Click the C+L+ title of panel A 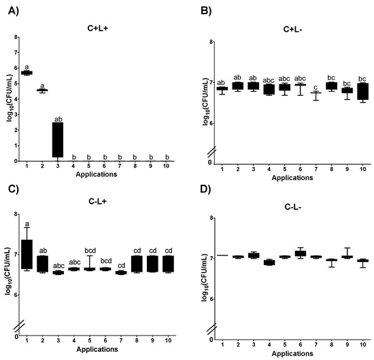[97, 28]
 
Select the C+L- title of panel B [293, 29]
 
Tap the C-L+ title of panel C [97, 201]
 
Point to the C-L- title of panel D [293, 207]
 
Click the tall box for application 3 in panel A [58, 140]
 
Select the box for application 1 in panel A [27, 73]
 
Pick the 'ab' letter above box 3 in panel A [58, 119]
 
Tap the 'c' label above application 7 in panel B [316, 87]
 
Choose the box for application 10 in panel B [363, 91]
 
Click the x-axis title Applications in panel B [292, 178]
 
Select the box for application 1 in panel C [27, 254]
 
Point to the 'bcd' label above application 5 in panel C [90, 251]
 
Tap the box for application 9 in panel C [152, 264]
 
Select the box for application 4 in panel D [269, 263]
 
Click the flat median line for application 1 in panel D [222, 255]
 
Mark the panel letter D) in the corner [205, 190]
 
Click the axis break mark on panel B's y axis [211, 152]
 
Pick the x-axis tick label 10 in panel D [362, 345]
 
